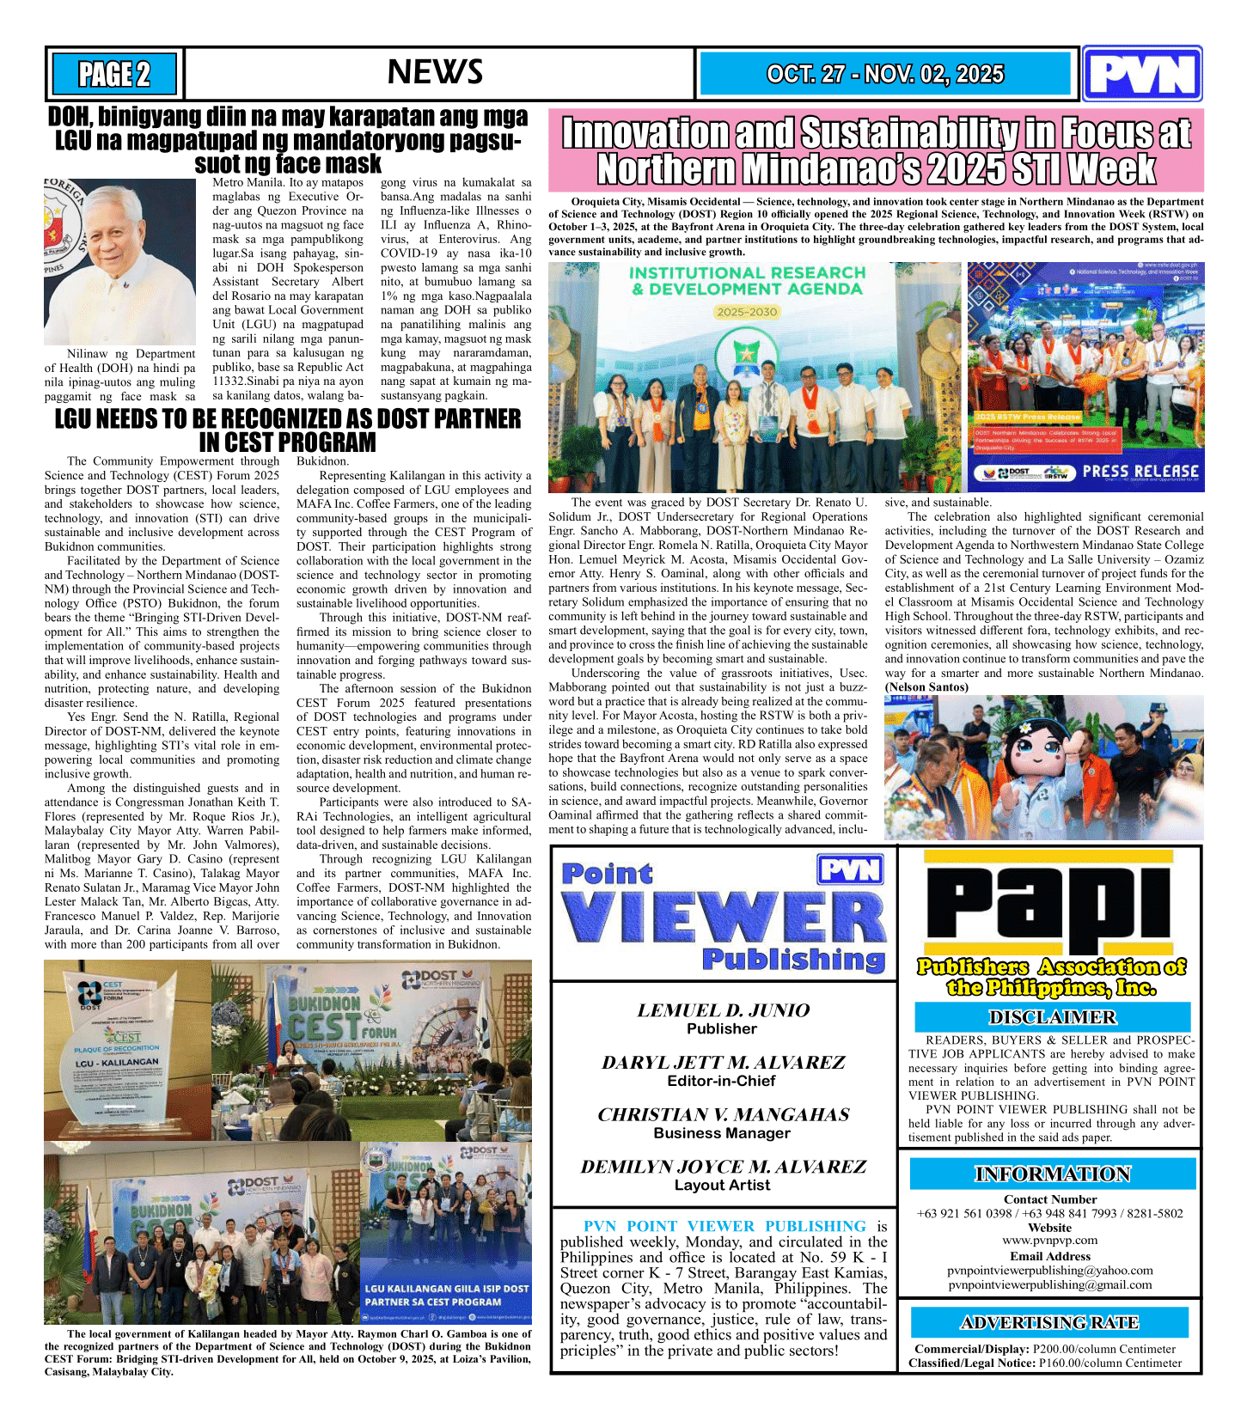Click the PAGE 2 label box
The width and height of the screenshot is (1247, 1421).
pyautogui.click(x=114, y=74)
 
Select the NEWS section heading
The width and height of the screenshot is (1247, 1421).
pyautogui.click(x=435, y=72)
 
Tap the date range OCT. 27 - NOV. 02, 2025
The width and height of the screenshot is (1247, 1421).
pyautogui.click(x=884, y=74)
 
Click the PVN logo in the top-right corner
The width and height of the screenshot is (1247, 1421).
pyautogui.click(x=1141, y=75)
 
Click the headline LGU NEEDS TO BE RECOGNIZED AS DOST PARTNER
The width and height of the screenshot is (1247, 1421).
pyautogui.click(x=288, y=419)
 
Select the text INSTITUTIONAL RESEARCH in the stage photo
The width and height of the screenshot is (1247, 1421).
pyautogui.click(x=747, y=273)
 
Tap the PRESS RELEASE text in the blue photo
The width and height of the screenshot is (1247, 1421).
pyautogui.click(x=1140, y=471)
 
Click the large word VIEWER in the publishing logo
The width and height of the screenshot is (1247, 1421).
pyautogui.click(x=724, y=918)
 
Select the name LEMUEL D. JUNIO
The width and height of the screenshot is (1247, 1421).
pyautogui.click(x=723, y=1010)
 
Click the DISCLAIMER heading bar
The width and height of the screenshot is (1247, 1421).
pyautogui.click(x=1052, y=1017)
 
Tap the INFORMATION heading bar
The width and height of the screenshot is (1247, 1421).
pyautogui.click(x=1052, y=1174)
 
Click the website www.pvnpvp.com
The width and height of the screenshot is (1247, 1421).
pyautogui.click(x=1049, y=1240)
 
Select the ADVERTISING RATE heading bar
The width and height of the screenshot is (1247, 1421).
pyautogui.click(x=1048, y=1322)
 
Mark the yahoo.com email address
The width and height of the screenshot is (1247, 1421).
pyautogui.click(x=1049, y=1270)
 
